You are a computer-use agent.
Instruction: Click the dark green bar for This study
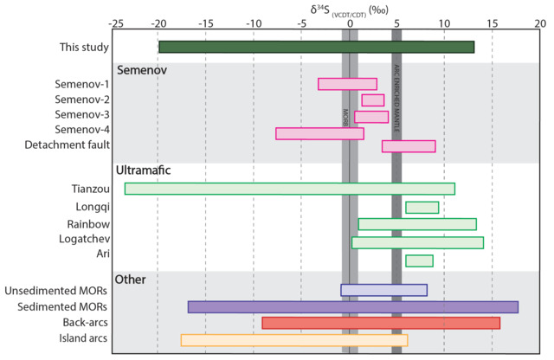tap(316, 47)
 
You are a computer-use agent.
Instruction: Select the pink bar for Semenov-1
tap(347, 84)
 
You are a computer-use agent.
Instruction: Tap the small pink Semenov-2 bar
tap(372, 100)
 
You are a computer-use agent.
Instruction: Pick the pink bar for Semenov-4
tap(319, 133)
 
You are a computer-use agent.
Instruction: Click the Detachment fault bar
tap(409, 146)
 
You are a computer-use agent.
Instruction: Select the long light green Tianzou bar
tap(289, 189)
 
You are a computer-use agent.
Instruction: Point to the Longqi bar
tap(422, 207)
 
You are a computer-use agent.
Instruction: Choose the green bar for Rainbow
tap(417, 224)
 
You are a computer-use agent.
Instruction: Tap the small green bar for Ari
tap(419, 260)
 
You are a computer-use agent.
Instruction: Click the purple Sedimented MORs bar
tap(352, 306)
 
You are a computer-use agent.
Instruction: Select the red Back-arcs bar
tap(381, 323)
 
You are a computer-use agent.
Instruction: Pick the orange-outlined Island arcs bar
tap(293, 339)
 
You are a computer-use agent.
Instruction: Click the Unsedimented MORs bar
tap(383, 290)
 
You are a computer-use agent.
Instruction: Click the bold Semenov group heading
tap(142, 68)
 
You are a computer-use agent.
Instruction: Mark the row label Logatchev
tap(82, 238)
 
